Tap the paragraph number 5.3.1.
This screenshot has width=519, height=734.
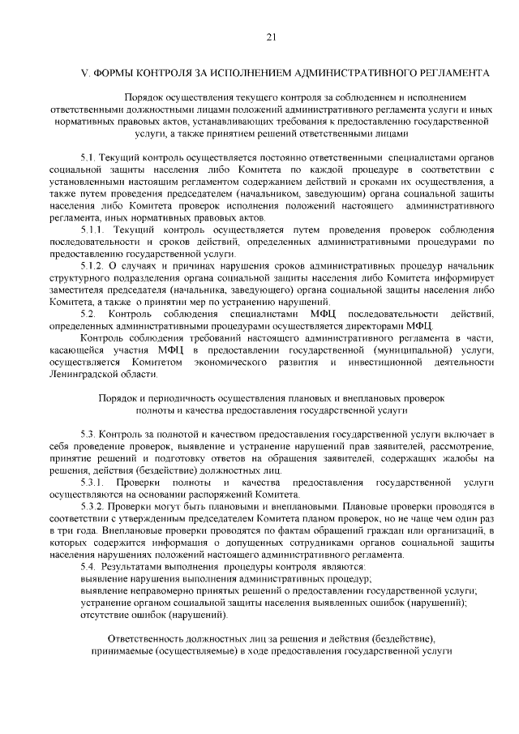click(x=96, y=482)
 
